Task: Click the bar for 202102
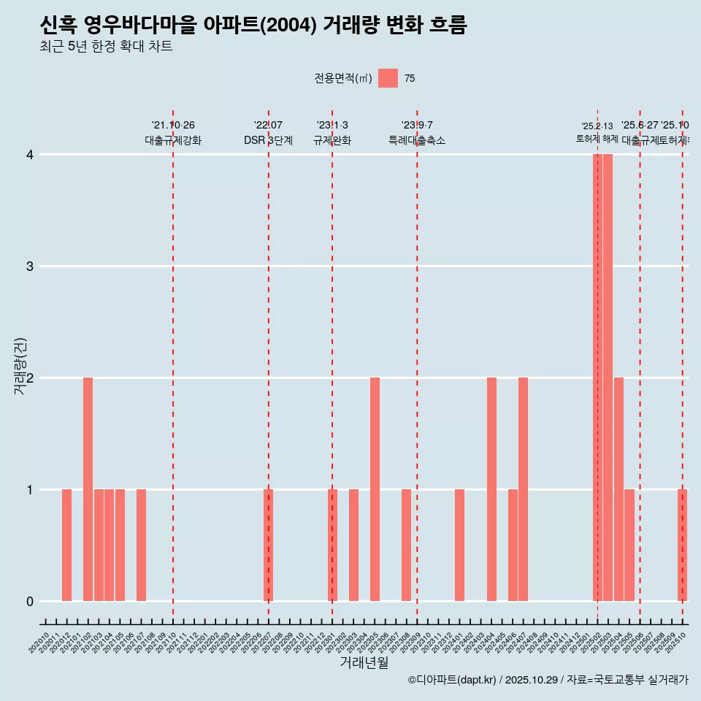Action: [x=88, y=489]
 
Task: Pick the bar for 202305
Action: [x=375, y=489]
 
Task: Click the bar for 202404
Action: [x=491, y=489]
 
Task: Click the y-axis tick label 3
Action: [x=30, y=267]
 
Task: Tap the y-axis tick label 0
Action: [x=30, y=602]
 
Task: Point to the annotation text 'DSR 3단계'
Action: [x=268, y=140]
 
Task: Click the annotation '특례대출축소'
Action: [x=416, y=140]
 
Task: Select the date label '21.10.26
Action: [x=173, y=126]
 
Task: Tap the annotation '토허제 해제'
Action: [x=597, y=139]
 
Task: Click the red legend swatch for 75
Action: [x=388, y=78]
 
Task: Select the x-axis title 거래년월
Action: [x=364, y=662]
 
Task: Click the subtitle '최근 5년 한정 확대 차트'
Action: [x=106, y=47]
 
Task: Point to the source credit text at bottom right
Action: [x=548, y=680]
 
